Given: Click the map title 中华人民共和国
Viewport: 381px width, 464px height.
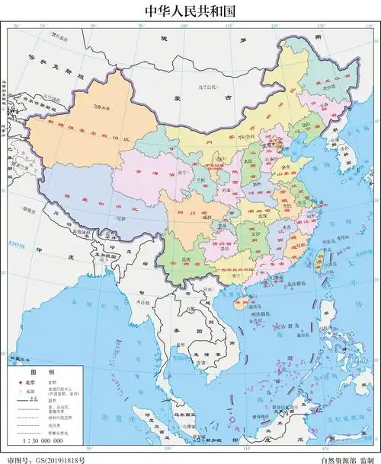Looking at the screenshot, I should (190, 11).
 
